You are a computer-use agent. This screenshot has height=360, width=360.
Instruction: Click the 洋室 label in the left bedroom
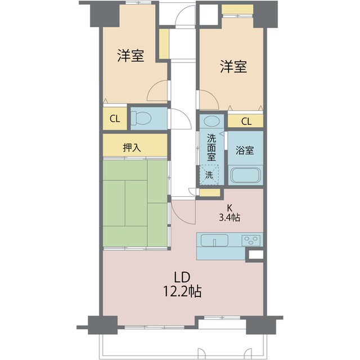click(x=130, y=56)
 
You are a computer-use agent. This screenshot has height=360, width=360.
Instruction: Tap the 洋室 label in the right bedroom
click(x=233, y=67)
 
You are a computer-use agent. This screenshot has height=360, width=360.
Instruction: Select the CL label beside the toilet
click(x=114, y=119)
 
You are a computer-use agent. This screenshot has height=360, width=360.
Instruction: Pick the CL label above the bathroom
click(x=246, y=121)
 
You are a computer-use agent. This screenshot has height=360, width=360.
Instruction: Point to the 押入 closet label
click(x=132, y=147)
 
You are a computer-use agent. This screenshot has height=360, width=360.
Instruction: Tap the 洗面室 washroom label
click(x=211, y=147)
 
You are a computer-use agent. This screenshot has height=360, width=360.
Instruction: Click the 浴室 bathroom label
click(x=245, y=151)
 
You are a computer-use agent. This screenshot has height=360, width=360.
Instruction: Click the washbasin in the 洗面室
click(x=211, y=121)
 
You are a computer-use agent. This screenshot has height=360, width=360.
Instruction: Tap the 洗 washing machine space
click(x=209, y=174)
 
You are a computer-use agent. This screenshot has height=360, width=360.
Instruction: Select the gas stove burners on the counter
click(x=251, y=240)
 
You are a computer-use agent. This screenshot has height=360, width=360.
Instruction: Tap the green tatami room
click(x=135, y=204)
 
